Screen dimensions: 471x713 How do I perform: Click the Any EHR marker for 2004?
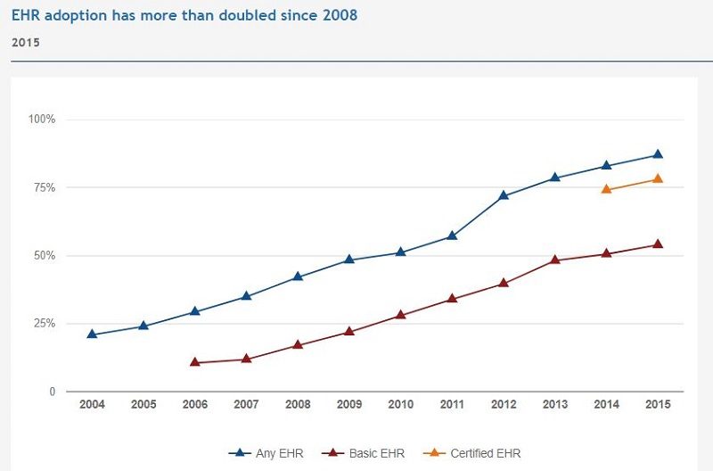tap(92, 335)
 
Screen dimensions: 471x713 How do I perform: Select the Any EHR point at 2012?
tap(504, 195)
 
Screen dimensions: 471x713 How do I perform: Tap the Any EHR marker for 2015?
tap(658, 154)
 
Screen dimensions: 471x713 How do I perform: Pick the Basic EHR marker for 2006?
tap(195, 362)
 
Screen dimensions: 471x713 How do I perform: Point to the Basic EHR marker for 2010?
tap(401, 315)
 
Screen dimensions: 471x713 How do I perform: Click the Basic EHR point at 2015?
tap(658, 244)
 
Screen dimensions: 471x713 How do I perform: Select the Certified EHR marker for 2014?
tap(606, 189)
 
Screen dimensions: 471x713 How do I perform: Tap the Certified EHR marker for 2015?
tap(658, 178)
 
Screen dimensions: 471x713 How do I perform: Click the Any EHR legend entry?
tap(266, 453)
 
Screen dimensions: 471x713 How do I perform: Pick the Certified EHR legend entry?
tap(478, 453)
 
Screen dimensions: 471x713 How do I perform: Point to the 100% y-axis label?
tap(42, 120)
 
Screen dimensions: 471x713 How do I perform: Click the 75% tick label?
tap(45, 188)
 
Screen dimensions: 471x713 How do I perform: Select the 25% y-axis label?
tap(45, 324)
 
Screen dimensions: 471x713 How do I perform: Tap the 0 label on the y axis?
tap(53, 392)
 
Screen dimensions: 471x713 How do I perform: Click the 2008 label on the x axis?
tap(298, 405)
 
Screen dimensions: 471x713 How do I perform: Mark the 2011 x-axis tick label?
tap(452, 405)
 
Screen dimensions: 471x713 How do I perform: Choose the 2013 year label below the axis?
tap(555, 405)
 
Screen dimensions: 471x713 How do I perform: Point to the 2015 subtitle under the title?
tap(25, 42)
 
